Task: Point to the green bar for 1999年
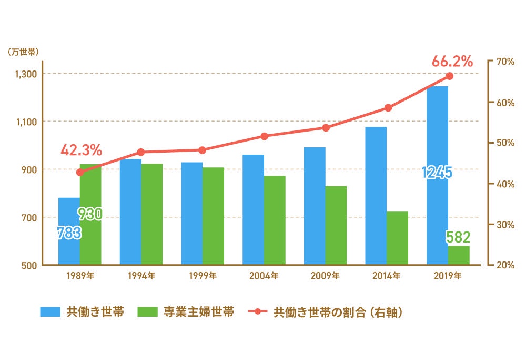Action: click(x=213, y=216)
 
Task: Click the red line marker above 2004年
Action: click(x=264, y=136)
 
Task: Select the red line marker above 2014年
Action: click(x=388, y=108)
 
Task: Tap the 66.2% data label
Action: click(x=452, y=62)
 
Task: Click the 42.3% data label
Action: click(x=81, y=150)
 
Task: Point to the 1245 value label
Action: click(x=437, y=173)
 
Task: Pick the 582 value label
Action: click(x=458, y=237)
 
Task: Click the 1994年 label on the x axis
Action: click(x=141, y=275)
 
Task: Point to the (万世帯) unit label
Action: click(x=24, y=52)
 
